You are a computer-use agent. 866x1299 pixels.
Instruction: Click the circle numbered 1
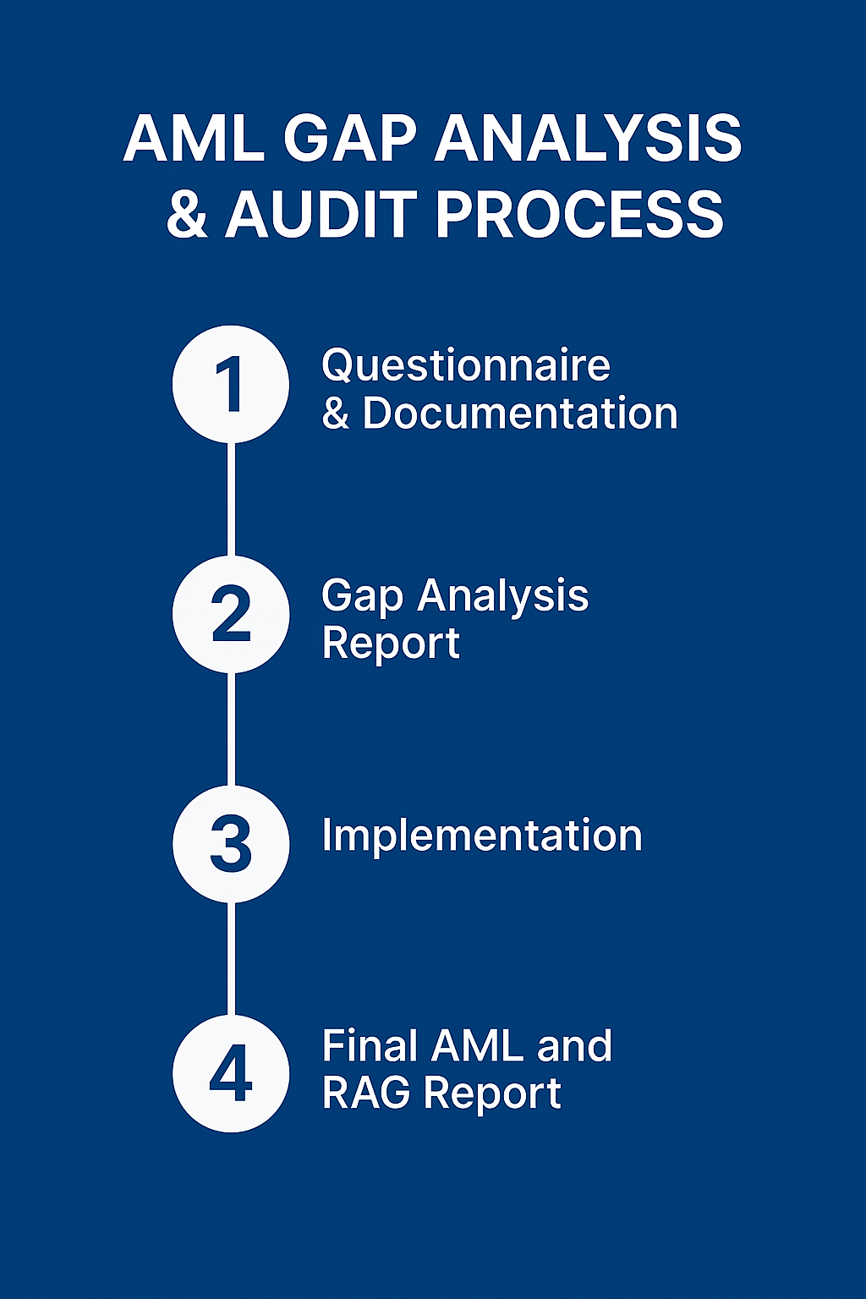coord(231,384)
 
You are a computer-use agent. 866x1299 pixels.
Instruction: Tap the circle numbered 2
coord(231,614)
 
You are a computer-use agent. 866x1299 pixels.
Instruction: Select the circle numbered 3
coord(231,844)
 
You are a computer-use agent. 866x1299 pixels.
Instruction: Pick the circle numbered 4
coord(231,1073)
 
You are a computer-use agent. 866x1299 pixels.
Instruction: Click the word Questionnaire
coord(465,366)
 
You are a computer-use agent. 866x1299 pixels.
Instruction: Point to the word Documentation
coord(520,414)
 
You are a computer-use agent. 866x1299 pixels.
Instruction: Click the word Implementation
coord(482,836)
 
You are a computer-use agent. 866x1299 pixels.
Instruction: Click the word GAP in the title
coord(349,139)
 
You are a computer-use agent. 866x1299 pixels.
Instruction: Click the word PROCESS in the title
coord(579,214)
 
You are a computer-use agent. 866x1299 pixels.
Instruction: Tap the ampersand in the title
coord(187,215)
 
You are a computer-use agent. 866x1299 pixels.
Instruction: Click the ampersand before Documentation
coord(335,414)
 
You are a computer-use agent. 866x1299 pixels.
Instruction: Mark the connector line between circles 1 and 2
coord(231,499)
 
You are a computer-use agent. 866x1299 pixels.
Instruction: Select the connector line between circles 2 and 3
coord(231,729)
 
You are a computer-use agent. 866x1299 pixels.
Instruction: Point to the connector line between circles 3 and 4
coord(231,958)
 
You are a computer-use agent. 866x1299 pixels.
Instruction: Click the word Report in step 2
coord(391,644)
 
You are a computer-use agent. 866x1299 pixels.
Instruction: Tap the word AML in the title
coord(195,139)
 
